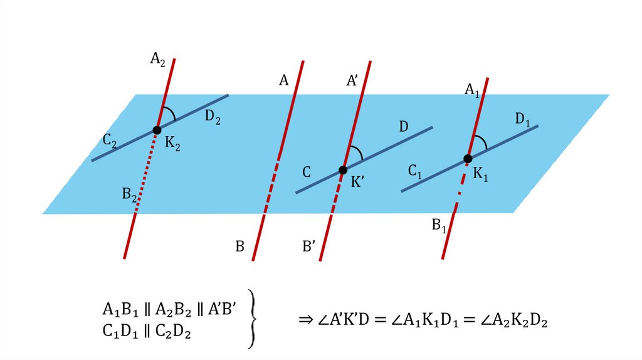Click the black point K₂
(x=157, y=130)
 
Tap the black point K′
(x=342, y=170)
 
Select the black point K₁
(x=467, y=159)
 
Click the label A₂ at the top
(x=157, y=59)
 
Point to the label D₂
(x=213, y=117)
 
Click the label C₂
(x=110, y=142)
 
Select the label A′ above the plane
(x=353, y=80)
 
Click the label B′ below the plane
(x=308, y=246)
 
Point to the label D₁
(x=523, y=119)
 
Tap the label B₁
(x=438, y=225)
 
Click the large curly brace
(x=252, y=319)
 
